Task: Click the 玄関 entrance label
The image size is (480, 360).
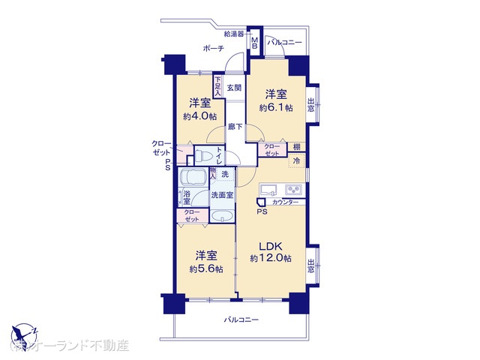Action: point(234,88)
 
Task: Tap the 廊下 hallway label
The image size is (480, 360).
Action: point(235,127)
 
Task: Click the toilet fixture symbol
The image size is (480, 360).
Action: point(204,157)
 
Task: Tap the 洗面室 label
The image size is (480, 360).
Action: point(222,196)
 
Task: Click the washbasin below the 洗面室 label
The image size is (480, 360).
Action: point(222,216)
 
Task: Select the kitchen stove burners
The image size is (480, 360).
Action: point(294,189)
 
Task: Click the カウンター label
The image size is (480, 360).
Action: point(285,203)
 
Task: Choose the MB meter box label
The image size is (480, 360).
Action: point(255,43)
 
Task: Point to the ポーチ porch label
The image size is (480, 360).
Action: point(213,49)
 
